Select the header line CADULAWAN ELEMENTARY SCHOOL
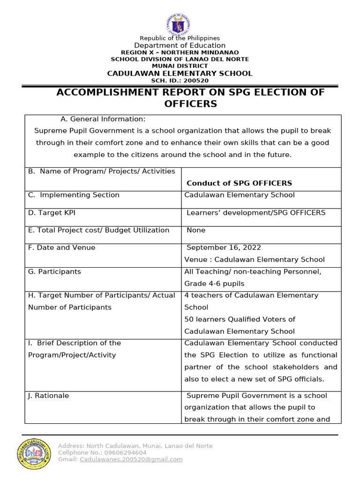point(180,73)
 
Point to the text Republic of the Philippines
point(180,38)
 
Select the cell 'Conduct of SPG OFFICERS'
point(239,183)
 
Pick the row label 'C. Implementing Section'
point(74,195)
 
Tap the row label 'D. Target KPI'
point(52,213)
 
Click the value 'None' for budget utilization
point(196,230)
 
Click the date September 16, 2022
point(224,247)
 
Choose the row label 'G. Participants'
point(54,271)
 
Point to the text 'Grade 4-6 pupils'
point(214,284)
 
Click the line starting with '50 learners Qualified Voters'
point(240,319)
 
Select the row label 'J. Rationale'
point(48,396)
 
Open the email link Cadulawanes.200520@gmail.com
point(131,459)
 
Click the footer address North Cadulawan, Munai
point(135,446)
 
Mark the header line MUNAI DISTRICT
point(180,66)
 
